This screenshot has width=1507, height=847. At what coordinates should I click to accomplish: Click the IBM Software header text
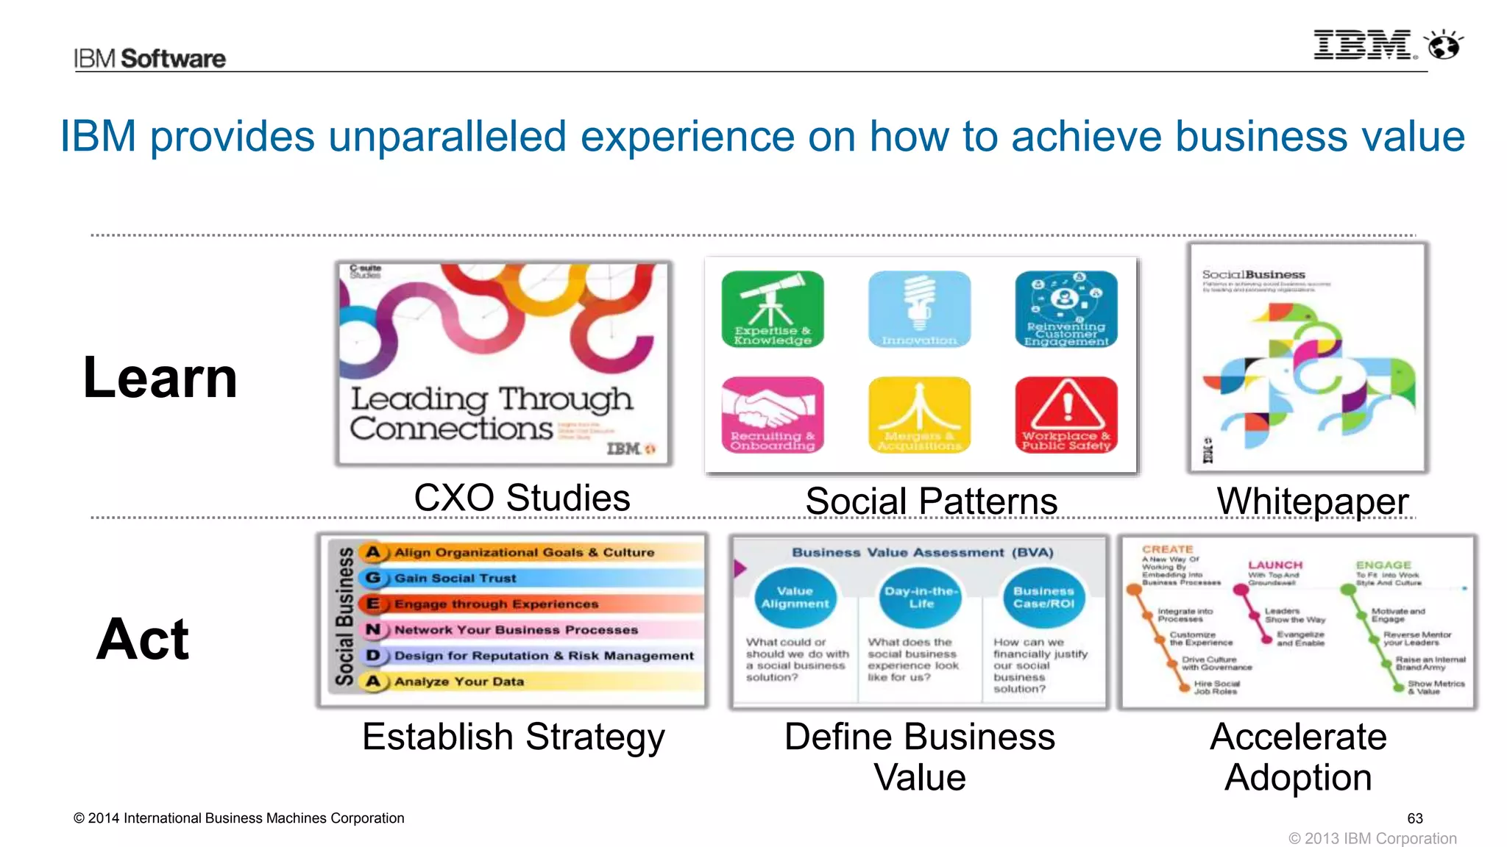pos(149,58)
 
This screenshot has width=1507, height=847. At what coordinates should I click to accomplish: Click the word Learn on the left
pos(160,378)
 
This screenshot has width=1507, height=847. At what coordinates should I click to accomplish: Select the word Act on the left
pos(143,639)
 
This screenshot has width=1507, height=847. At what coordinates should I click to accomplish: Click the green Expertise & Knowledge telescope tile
pos(773,309)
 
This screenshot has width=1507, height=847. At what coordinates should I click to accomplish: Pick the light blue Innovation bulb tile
pos(919,309)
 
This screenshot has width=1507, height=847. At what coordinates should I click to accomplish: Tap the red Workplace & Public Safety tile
pos(1065,414)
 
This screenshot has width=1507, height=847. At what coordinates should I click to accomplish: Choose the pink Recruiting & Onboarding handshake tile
pos(773,414)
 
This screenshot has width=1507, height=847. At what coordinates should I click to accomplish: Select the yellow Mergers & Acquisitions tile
pos(919,414)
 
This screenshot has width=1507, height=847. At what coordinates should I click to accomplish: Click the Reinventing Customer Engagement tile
pos(1065,309)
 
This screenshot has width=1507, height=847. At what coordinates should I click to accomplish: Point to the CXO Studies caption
pos(522,498)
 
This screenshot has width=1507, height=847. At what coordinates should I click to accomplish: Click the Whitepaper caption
pos(1312,501)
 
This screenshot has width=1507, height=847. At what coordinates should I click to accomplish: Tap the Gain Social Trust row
pos(530,578)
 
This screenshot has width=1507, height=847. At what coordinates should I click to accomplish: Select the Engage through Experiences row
pos(530,604)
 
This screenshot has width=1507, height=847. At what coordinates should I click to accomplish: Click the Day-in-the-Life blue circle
pos(921,597)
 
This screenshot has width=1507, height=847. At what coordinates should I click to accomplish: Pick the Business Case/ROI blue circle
pos(1043,597)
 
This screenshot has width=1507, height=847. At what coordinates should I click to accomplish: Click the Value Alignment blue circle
pos(795,597)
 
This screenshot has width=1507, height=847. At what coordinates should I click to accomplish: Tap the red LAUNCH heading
pos(1275,565)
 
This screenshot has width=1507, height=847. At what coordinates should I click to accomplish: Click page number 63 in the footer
pos(1414,818)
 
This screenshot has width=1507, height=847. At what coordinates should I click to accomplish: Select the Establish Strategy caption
pos(513,737)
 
